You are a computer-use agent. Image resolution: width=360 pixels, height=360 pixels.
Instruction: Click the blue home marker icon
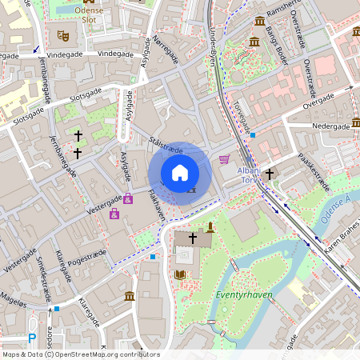click(x=180, y=173)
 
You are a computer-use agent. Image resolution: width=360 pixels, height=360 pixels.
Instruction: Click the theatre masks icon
click(x=63, y=35)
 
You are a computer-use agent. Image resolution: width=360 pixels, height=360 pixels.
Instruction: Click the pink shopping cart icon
click(x=224, y=158)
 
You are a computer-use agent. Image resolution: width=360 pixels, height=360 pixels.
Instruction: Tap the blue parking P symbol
click(x=32, y=339)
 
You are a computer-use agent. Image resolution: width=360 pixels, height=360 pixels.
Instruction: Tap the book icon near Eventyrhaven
click(x=179, y=274)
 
